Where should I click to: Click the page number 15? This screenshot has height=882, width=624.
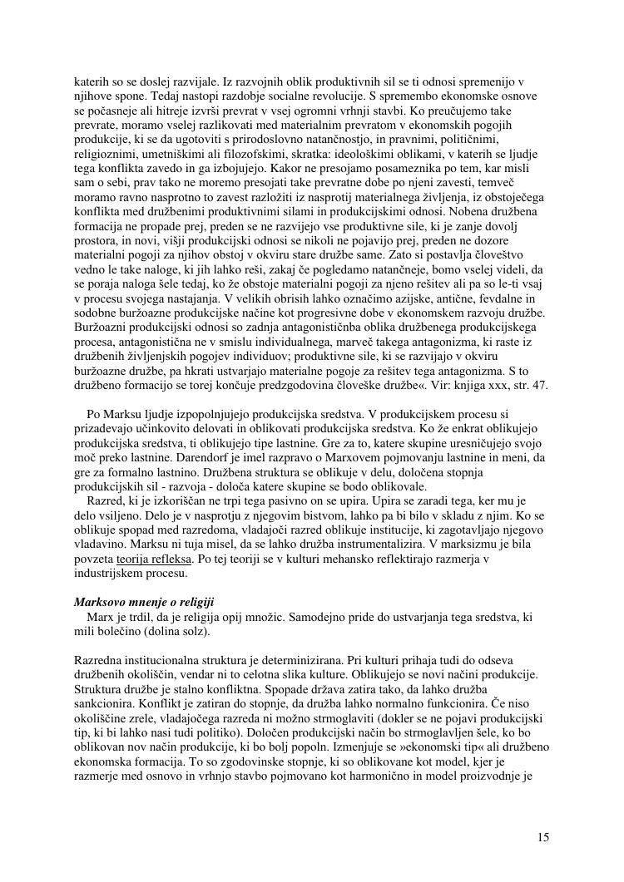pos(542,837)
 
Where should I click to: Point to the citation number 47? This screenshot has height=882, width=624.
pos(542,386)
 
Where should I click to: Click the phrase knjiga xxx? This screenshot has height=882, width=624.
pos(478,386)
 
